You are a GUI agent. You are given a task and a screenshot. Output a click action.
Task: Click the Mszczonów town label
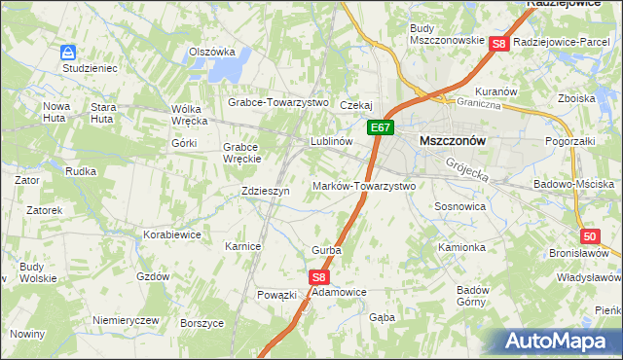pyautogui.click(x=452, y=140)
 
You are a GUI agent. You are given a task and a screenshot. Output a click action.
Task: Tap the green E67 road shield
pyautogui.click(x=381, y=127)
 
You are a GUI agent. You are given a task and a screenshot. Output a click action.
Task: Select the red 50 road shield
pyautogui.click(x=590, y=236)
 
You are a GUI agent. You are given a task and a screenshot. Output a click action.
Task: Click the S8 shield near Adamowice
pyautogui.click(x=320, y=277)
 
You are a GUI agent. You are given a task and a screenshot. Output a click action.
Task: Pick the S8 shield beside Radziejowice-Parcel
pyautogui.click(x=498, y=44)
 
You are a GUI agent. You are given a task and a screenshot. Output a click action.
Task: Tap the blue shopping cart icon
pyautogui.click(x=67, y=53)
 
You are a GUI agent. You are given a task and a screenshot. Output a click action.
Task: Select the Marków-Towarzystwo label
pyautogui.click(x=364, y=185)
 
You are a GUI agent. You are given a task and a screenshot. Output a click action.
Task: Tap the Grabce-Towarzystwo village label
pyautogui.click(x=278, y=102)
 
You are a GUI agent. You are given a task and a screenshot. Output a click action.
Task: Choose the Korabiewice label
pyautogui.click(x=171, y=234)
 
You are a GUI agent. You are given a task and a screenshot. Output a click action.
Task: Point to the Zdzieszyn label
pyautogui.click(x=266, y=192)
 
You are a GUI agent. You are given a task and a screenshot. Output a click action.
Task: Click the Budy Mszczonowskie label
pyautogui.click(x=447, y=34)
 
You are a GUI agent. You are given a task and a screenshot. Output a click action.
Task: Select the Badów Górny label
pyautogui.click(x=472, y=296)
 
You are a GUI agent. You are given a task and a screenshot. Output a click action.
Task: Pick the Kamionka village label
pyautogui.click(x=461, y=247)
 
